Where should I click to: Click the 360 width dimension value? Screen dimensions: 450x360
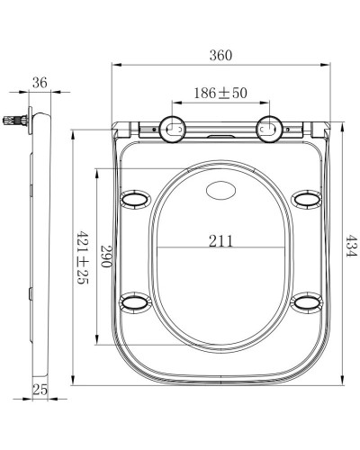[x=220, y=55]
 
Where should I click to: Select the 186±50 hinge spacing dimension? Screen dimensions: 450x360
[x=219, y=94]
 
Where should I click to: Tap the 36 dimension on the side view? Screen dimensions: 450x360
[x=38, y=82]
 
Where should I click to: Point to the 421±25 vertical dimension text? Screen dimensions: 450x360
[x=82, y=256]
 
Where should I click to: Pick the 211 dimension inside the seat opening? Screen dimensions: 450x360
[x=220, y=240]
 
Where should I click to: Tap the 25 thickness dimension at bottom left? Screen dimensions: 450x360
[x=39, y=389]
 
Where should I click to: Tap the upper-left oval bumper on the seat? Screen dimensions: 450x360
[x=135, y=198]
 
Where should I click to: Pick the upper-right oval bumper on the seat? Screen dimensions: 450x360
[x=307, y=198]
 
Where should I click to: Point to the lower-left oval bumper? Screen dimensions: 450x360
[x=135, y=301]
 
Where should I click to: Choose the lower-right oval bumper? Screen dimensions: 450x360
[x=307, y=301]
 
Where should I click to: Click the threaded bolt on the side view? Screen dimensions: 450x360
[x=13, y=117]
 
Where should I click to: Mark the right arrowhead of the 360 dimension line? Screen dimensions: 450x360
[x=328, y=65]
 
